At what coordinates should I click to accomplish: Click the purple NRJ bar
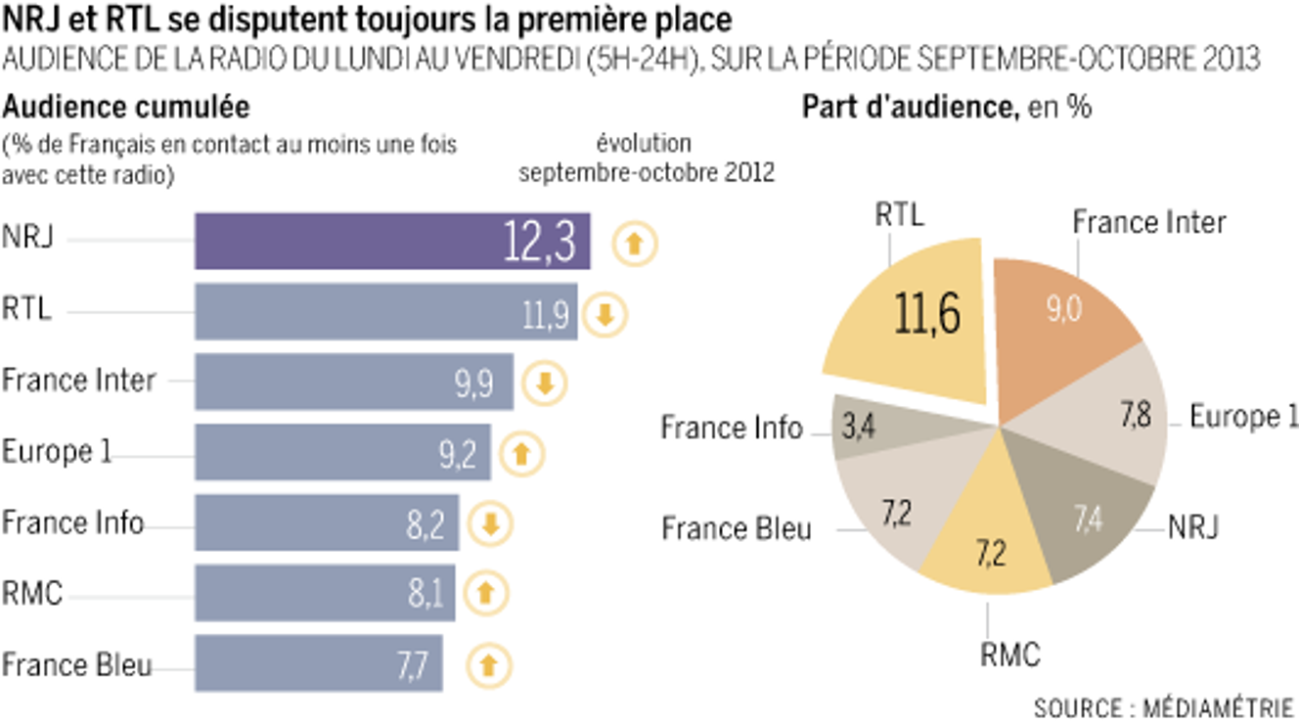pyautogui.click(x=391, y=241)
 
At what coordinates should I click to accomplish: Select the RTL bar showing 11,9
pyautogui.click(x=385, y=312)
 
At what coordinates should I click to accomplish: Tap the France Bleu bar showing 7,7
pyautogui.click(x=318, y=663)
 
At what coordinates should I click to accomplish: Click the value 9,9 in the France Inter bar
pyautogui.click(x=473, y=383)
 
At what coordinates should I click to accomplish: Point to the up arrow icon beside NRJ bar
pyautogui.click(x=635, y=243)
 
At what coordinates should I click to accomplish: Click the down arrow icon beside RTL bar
pyautogui.click(x=605, y=314)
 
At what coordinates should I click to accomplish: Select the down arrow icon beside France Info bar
pyautogui.click(x=490, y=524)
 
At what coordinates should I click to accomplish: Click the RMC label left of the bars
pyautogui.click(x=32, y=593)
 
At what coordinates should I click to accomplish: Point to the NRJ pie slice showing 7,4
pyautogui.click(x=1086, y=519)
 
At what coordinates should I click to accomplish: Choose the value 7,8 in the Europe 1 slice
pyautogui.click(x=1135, y=414)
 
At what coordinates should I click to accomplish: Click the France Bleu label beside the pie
pyautogui.click(x=737, y=529)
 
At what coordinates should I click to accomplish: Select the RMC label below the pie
pyautogui.click(x=1009, y=654)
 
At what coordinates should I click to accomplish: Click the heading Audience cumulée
pyautogui.click(x=125, y=107)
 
